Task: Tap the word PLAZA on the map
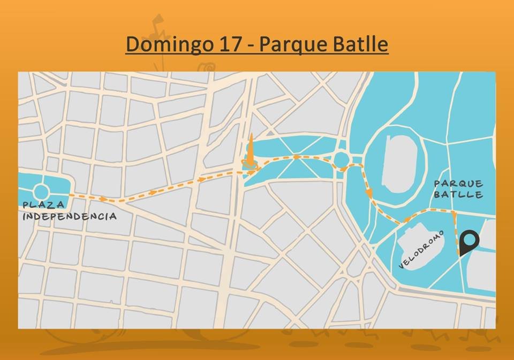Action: click(43, 205)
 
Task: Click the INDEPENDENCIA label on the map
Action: click(70, 216)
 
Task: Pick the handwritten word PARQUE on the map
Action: click(459, 184)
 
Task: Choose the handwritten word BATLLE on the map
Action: click(459, 195)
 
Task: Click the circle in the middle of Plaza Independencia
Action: click(41, 192)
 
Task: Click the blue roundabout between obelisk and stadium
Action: click(341, 160)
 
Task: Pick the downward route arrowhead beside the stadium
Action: click(369, 192)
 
